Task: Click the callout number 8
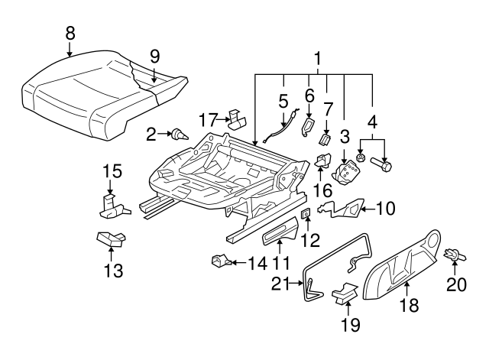[70, 33]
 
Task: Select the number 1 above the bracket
[317, 57]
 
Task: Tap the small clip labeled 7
[325, 138]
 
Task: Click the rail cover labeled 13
[111, 240]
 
